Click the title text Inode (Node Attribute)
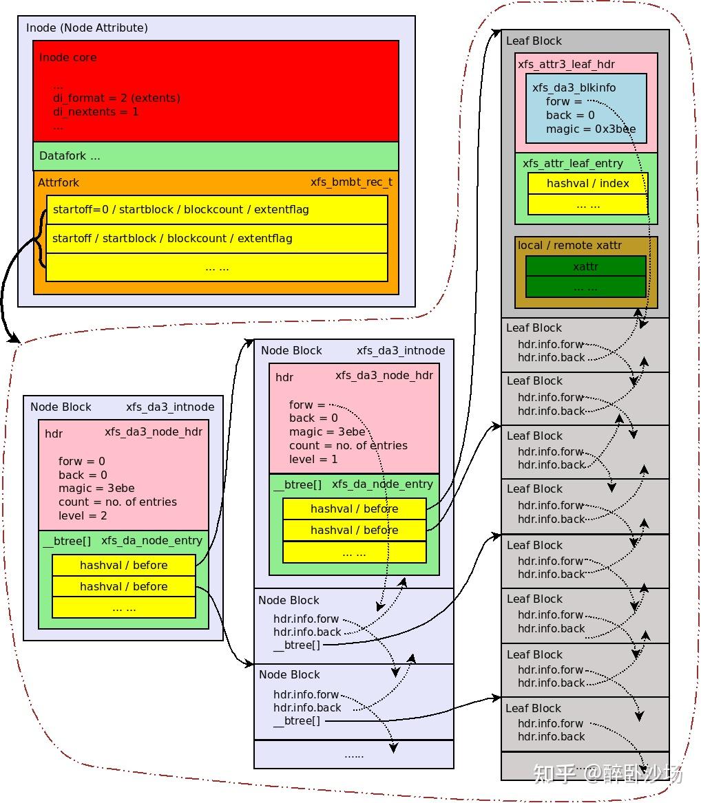[87, 28]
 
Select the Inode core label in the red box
[67, 58]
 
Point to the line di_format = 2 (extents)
[116, 98]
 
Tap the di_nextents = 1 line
[96, 111]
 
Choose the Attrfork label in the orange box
[59, 183]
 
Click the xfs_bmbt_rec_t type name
[351, 182]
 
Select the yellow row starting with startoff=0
[216, 210]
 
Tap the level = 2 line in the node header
[83, 515]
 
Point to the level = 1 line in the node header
[313, 459]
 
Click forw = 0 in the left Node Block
[82, 461]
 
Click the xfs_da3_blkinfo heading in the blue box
[574, 88]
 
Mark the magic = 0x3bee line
[591, 129]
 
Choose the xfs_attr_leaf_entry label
[572, 164]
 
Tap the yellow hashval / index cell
[587, 184]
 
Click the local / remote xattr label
[569, 246]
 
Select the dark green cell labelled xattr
[585, 266]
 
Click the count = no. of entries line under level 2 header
[118, 502]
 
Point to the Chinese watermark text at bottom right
[607, 773]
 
